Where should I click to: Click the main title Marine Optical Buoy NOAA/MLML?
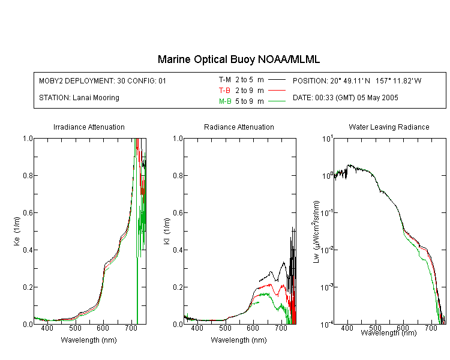tap(238, 59)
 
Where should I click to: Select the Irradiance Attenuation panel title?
tap(89, 127)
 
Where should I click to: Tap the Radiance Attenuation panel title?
tap(239, 127)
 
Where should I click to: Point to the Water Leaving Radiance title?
tap(389, 127)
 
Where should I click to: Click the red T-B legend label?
tap(224, 91)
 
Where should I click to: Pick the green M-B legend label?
tap(225, 101)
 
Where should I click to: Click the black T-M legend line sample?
tap(277, 80)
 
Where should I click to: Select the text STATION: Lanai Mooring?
tap(79, 98)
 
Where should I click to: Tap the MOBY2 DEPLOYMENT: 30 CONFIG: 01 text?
tap(103, 80)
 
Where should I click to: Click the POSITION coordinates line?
tap(357, 80)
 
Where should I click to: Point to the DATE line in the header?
tap(345, 98)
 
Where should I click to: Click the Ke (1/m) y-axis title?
tap(17, 231)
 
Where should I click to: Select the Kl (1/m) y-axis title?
tap(167, 231)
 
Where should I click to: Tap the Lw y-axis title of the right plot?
tap(316, 232)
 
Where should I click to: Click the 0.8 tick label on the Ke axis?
tap(28, 175)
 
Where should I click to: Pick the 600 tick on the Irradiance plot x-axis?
tap(103, 328)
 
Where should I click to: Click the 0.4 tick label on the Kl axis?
tap(178, 250)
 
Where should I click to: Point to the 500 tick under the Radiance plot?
tap(225, 328)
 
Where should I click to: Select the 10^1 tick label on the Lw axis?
tap(327, 139)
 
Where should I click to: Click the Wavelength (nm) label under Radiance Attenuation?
tap(239, 340)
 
